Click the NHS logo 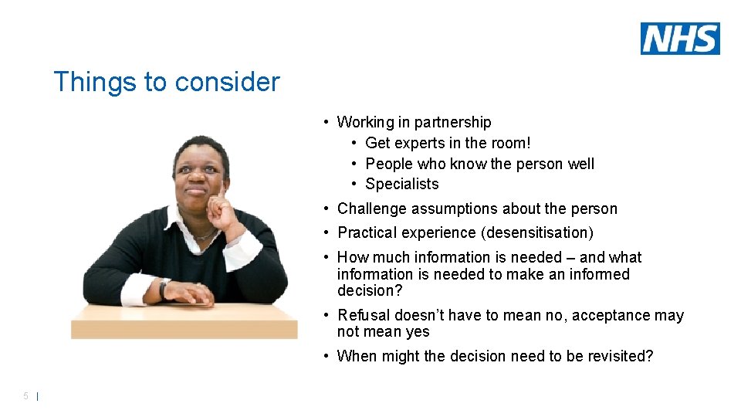pyautogui.click(x=680, y=39)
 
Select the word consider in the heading pyautogui.click(x=228, y=82)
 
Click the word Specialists pyautogui.click(x=401, y=184)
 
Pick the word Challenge pyautogui.click(x=370, y=208)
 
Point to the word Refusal pyautogui.click(x=364, y=315)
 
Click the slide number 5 pyautogui.click(x=25, y=396)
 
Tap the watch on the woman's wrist pyautogui.click(x=163, y=290)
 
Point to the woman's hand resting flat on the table pyautogui.click(x=189, y=293)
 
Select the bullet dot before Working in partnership pyautogui.click(x=328, y=122)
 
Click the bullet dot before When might pyautogui.click(x=328, y=356)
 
